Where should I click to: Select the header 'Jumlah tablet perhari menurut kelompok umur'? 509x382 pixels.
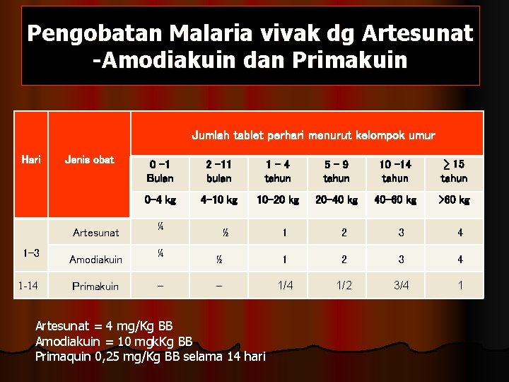[x=313, y=134]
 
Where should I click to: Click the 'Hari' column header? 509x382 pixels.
[x=31, y=160]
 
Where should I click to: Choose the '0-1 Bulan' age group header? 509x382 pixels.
[x=160, y=171]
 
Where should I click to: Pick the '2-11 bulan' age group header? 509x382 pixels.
[x=218, y=171]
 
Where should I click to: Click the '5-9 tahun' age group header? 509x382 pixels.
[x=337, y=171]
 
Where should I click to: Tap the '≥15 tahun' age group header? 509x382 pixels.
[x=454, y=171]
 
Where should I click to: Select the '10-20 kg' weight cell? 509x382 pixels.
[x=277, y=200]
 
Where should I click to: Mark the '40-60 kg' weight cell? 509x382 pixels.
[x=395, y=200]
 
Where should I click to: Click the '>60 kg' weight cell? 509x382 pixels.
[x=454, y=200]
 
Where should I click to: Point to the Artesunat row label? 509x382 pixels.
[x=96, y=232]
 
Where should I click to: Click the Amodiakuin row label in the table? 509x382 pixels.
[x=96, y=260]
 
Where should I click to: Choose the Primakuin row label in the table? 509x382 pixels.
[x=96, y=286]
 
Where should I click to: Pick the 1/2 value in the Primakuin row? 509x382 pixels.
[x=344, y=286]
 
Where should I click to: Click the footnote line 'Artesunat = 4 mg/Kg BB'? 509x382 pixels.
[x=104, y=326]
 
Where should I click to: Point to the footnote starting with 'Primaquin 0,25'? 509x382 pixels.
[x=150, y=356]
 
